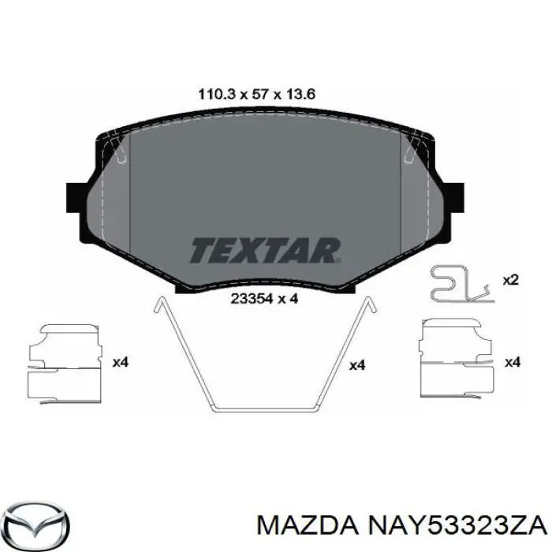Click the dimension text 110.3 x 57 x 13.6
(256, 95)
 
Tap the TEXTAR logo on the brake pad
(266, 251)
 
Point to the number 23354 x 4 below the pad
(264, 299)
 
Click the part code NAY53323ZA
(457, 527)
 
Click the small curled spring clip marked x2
(462, 284)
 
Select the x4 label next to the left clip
(121, 362)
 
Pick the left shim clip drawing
(65, 364)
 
